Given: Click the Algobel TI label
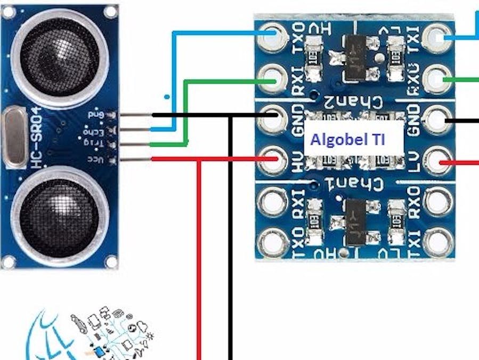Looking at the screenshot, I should coord(348,140).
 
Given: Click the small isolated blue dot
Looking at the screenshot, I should coord(167,97).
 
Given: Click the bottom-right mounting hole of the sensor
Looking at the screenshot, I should coord(110,261).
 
